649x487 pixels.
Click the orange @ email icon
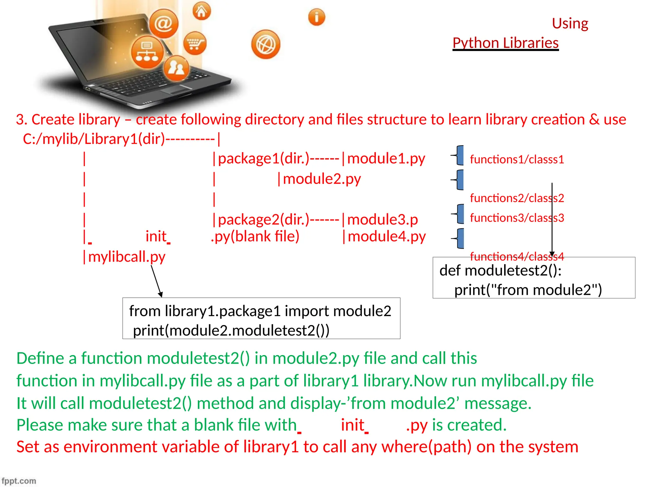pyautogui.click(x=164, y=23)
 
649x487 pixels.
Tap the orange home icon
pyautogui.click(x=202, y=11)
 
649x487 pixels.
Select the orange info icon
pyautogui.click(x=317, y=17)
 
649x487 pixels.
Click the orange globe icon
pyautogui.click(x=266, y=44)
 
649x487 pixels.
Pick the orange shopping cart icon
pyautogui.click(x=195, y=43)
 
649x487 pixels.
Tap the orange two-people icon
pyautogui.click(x=176, y=68)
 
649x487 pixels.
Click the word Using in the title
pyautogui.click(x=570, y=23)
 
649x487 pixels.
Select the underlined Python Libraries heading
pyautogui.click(x=505, y=43)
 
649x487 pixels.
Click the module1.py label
pyautogui.click(x=386, y=159)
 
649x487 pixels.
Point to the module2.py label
pyautogui.click(x=322, y=179)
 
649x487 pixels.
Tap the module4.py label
pyautogui.click(x=387, y=237)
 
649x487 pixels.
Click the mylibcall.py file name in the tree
pyautogui.click(x=127, y=257)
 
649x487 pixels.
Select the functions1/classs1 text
pyautogui.click(x=517, y=159)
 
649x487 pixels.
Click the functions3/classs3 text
pyautogui.click(x=517, y=218)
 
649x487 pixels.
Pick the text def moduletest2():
pyautogui.click(x=500, y=270)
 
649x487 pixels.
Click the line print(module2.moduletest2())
pyautogui.click(x=231, y=330)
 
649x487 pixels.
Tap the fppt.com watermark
pyautogui.click(x=19, y=481)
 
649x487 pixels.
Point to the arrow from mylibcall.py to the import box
pyautogui.click(x=156, y=281)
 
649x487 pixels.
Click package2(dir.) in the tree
pyautogui.click(x=263, y=219)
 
